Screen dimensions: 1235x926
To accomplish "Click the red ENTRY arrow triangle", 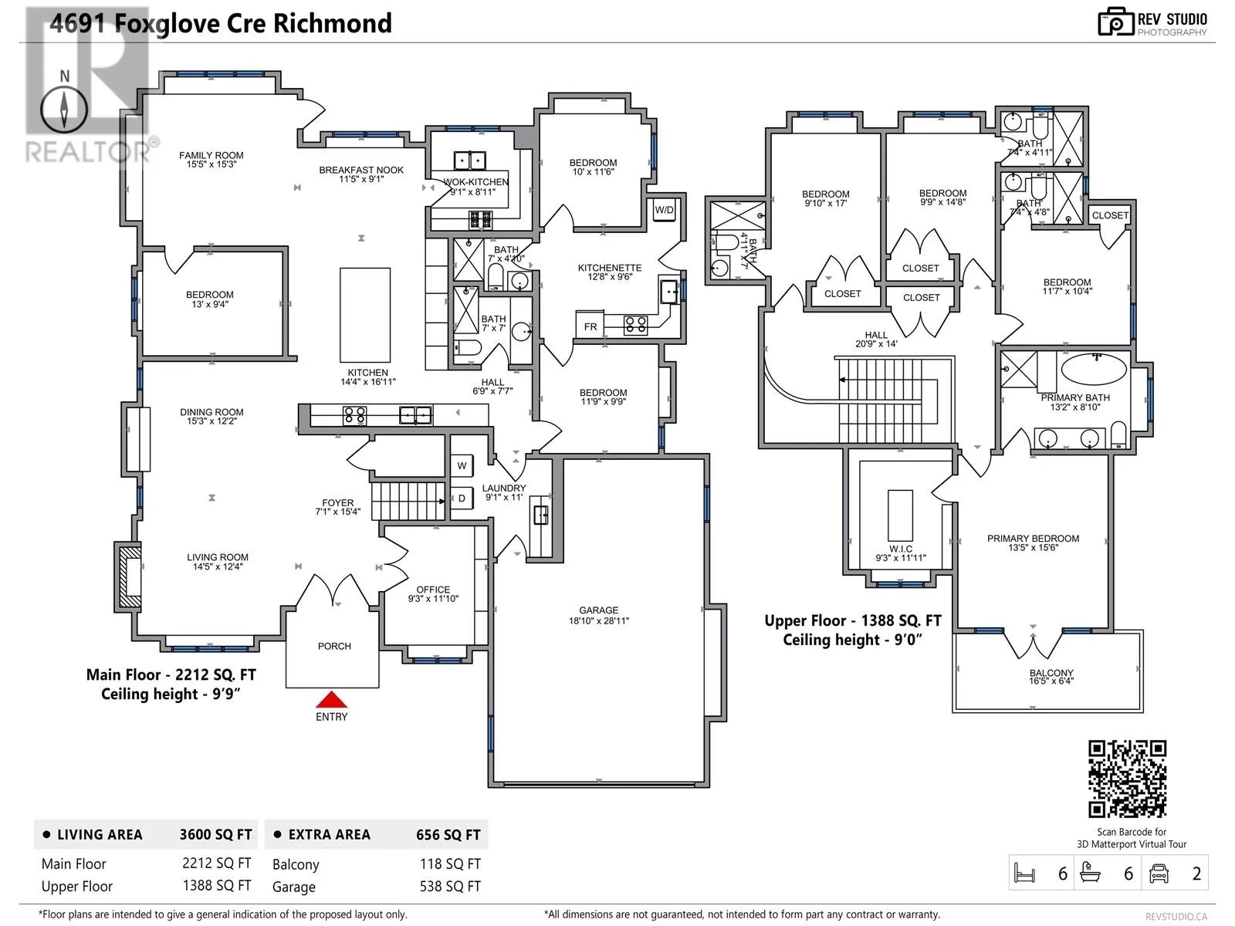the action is point(331,699).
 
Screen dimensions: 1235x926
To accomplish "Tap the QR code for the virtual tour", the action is point(1127,779).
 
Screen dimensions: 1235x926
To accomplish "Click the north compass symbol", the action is point(64,109).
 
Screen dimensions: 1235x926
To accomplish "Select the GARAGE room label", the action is point(599,610).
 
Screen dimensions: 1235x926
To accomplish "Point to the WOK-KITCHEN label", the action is point(476,182).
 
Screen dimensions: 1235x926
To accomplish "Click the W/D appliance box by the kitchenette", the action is point(664,210).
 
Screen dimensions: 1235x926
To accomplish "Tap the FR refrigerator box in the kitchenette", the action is point(590,326).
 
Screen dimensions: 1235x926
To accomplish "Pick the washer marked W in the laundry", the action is point(462,465).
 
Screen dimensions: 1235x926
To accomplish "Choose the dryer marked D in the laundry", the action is point(462,498).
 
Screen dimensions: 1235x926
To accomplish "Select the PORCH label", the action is point(334,647).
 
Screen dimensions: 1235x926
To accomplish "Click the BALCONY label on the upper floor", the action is point(1051,672).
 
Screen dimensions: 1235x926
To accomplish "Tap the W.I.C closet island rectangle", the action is point(900,515).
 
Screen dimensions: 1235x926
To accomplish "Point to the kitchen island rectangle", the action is point(364,315).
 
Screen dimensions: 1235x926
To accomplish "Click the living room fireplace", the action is point(128,577).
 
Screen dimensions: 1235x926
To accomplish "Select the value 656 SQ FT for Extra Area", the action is point(448,835).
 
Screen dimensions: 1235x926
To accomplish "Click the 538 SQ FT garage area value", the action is point(450,887).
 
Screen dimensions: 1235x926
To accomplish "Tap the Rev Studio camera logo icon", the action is point(1115,22).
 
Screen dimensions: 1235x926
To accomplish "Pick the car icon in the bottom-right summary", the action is point(1159,874).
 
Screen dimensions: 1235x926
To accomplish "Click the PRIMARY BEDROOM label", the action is point(1033,539).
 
